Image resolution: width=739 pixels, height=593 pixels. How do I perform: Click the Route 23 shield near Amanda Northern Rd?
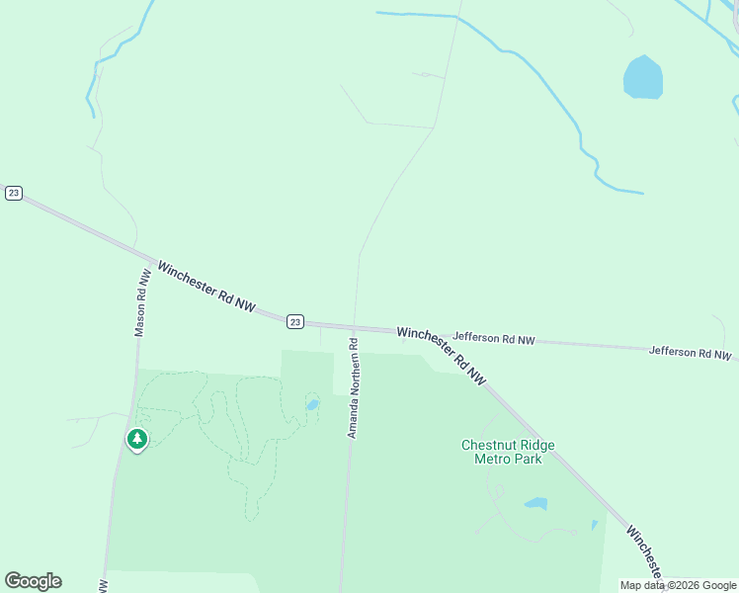[295, 321]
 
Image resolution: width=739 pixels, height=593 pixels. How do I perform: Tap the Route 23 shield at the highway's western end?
[13, 193]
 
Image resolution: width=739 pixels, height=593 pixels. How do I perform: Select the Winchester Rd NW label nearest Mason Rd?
[206, 288]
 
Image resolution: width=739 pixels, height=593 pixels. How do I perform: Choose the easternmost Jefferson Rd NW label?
[691, 352]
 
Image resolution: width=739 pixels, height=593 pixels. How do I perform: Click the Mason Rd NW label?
[143, 303]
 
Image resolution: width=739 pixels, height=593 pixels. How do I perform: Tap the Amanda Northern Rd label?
[352, 388]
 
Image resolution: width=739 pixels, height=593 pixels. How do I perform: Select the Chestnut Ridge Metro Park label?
[508, 452]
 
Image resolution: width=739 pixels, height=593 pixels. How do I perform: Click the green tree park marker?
[137, 438]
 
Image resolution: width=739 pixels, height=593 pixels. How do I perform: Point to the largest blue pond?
[642, 78]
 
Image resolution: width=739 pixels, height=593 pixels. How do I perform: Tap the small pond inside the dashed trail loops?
[312, 404]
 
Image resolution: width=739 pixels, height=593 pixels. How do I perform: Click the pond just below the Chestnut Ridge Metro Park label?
[535, 503]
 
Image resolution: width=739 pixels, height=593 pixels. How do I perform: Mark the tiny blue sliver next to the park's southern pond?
[594, 525]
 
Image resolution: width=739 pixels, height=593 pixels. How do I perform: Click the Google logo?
[33, 581]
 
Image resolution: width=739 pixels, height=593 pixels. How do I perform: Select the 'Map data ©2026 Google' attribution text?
[679, 585]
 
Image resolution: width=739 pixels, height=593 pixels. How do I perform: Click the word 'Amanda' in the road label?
[352, 420]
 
